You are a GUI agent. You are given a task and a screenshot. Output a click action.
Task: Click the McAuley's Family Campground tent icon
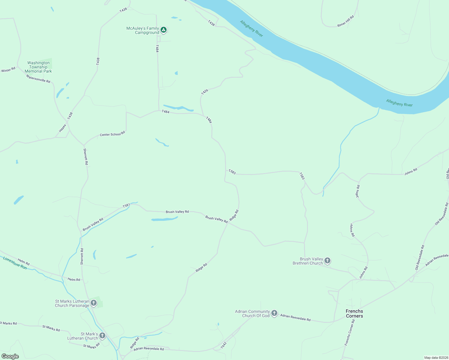pyautogui.click(x=163, y=30)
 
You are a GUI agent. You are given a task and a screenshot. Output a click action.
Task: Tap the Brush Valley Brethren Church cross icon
pyautogui.click(x=327, y=260)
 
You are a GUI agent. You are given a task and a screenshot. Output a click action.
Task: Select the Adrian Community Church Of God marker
pyautogui.click(x=274, y=313)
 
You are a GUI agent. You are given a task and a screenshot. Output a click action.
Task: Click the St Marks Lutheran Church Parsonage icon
pyautogui.click(x=94, y=303)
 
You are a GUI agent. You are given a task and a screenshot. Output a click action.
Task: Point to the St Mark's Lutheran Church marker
pyautogui.click(x=102, y=335)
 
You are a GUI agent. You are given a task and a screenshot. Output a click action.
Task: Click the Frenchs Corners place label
pyautogui.click(x=354, y=313)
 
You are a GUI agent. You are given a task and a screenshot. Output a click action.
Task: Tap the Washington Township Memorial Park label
pyautogui.click(x=38, y=67)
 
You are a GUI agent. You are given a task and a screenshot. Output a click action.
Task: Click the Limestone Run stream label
pyautogui.click(x=15, y=263)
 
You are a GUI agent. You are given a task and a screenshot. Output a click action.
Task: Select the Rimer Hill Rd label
pyautogui.click(x=345, y=21)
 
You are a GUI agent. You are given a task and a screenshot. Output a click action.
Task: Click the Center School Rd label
pyautogui.click(x=112, y=134)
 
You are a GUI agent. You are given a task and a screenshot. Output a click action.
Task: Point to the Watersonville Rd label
pyautogui.click(x=38, y=79)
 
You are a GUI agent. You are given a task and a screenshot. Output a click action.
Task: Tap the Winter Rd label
pyautogui.click(x=8, y=70)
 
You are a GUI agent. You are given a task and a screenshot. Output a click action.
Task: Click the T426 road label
pyautogui.click(x=205, y=92)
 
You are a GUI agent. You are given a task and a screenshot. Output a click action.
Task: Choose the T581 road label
pyautogui.click(x=126, y=205)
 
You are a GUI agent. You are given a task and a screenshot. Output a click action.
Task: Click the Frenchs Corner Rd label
pyautogui.click(x=350, y=332)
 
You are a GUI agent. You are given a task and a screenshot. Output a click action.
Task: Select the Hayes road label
pyautogui.click(x=62, y=128)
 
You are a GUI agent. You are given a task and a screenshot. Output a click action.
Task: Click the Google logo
pyautogui.click(x=10, y=356)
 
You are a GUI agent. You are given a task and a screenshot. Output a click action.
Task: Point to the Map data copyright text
pyautogui.click(x=436, y=358)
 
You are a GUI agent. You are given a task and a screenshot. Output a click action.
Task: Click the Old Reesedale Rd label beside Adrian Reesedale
pyautogui.click(x=420, y=257)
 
